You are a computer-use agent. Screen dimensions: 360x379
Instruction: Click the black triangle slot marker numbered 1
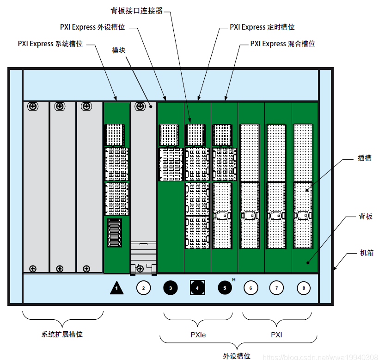(x=117, y=288)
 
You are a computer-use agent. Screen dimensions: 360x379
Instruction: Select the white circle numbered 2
(x=143, y=288)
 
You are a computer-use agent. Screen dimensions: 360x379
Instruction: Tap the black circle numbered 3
(x=171, y=288)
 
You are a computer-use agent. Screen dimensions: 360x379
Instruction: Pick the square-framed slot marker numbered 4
(x=197, y=288)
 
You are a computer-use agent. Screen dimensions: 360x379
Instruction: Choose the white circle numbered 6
(x=251, y=288)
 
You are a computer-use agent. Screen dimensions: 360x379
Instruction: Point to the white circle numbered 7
(x=276, y=288)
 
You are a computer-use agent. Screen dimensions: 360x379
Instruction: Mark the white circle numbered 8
(x=304, y=288)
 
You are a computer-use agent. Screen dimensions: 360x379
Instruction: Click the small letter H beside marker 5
(x=234, y=280)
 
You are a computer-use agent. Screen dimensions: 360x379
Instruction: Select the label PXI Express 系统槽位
(x=50, y=44)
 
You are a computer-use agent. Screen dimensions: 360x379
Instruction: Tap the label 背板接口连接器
(x=137, y=11)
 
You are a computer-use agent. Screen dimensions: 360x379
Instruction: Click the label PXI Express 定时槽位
(x=262, y=27)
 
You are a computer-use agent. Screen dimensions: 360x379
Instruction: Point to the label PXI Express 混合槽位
(x=282, y=44)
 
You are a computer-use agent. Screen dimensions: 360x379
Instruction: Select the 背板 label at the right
(x=366, y=216)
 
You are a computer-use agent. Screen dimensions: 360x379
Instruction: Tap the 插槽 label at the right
(x=365, y=158)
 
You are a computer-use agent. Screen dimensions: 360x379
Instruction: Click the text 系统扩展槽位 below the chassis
(x=62, y=334)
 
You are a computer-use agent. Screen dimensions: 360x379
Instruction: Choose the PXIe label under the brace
(x=198, y=335)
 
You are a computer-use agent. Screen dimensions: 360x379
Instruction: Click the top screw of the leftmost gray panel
(x=33, y=106)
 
